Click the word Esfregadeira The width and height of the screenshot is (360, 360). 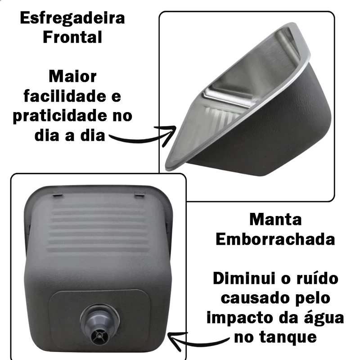(x=72, y=18)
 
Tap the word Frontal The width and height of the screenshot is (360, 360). (x=72, y=37)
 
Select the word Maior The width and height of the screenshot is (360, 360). (x=72, y=76)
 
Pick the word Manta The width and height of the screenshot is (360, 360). (x=275, y=220)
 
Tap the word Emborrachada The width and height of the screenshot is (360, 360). (x=275, y=239)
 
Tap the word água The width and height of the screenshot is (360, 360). (x=324, y=318)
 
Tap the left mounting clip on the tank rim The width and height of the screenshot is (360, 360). (x=58, y=193)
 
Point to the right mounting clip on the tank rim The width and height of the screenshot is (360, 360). (x=140, y=193)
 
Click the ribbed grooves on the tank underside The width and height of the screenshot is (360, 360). (x=99, y=229)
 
